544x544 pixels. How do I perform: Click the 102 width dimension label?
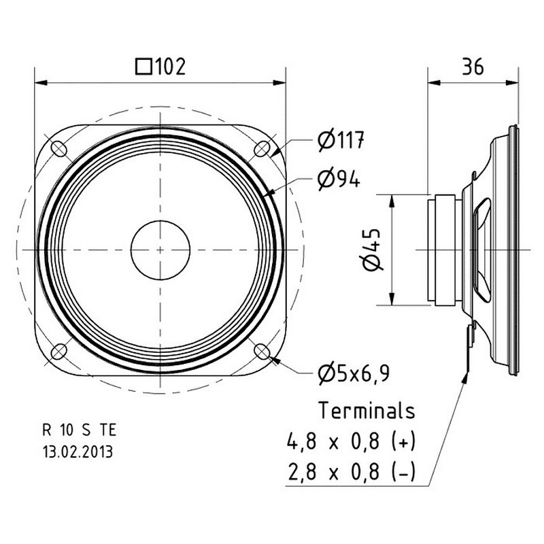[x=170, y=67]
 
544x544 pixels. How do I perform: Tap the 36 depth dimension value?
[x=473, y=67]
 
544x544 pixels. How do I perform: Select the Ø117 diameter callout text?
[x=341, y=140]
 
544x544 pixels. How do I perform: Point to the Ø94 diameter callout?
[x=339, y=180]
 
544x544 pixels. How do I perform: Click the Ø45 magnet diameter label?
[x=372, y=249]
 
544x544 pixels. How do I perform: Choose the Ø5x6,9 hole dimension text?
[x=354, y=373]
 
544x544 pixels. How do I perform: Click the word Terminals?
[x=367, y=411]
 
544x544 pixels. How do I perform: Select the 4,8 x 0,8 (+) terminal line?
[x=351, y=441]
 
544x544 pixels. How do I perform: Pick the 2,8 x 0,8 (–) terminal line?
[x=351, y=472]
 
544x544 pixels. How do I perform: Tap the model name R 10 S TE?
[x=79, y=430]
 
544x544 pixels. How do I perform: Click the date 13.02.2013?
[x=78, y=452]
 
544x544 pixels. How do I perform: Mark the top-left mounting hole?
[x=58, y=148]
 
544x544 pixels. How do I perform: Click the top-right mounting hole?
[x=262, y=149]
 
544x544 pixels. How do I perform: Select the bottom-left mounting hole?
[x=58, y=352]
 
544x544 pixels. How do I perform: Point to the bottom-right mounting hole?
[x=262, y=352]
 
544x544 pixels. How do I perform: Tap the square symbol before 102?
[x=143, y=67]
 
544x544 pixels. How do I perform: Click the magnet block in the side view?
[x=445, y=250]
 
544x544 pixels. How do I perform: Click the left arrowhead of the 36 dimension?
[x=434, y=82]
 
